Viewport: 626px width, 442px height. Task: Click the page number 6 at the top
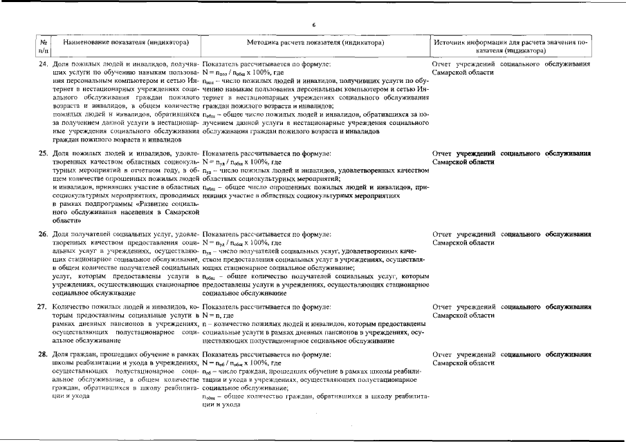(313, 25)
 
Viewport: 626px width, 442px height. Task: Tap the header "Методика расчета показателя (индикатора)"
(315, 42)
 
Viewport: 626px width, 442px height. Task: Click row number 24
(44, 64)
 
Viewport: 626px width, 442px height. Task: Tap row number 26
(44, 234)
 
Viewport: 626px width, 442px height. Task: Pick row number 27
(44, 306)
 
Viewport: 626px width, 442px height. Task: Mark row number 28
(44, 354)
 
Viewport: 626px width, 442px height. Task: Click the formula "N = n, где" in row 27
(219, 315)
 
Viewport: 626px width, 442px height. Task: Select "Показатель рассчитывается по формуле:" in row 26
(266, 234)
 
